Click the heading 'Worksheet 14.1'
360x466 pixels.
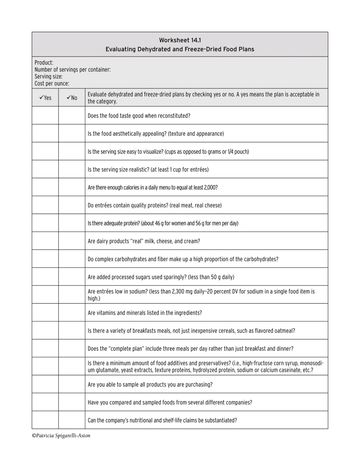pyautogui.click(x=180, y=40)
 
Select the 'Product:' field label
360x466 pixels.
pyautogui.click(x=44, y=62)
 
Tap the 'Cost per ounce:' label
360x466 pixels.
pyautogui.click(x=52, y=83)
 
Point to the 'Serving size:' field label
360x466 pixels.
pyautogui.click(x=49, y=76)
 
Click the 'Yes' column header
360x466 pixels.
pyautogui.click(x=45, y=98)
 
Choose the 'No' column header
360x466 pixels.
pyautogui.click(x=72, y=98)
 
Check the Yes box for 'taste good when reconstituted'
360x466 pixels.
pyautogui.click(x=45, y=115)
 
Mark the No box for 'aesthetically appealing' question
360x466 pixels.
pyautogui.click(x=72, y=133)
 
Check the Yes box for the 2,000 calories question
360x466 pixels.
pyautogui.click(x=45, y=187)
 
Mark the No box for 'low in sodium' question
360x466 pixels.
pyautogui.click(x=72, y=294)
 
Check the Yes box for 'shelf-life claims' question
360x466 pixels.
pyautogui.click(x=45, y=420)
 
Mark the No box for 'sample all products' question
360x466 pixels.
pyautogui.click(x=72, y=384)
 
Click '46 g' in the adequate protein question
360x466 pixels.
pyautogui.click(x=160, y=223)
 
